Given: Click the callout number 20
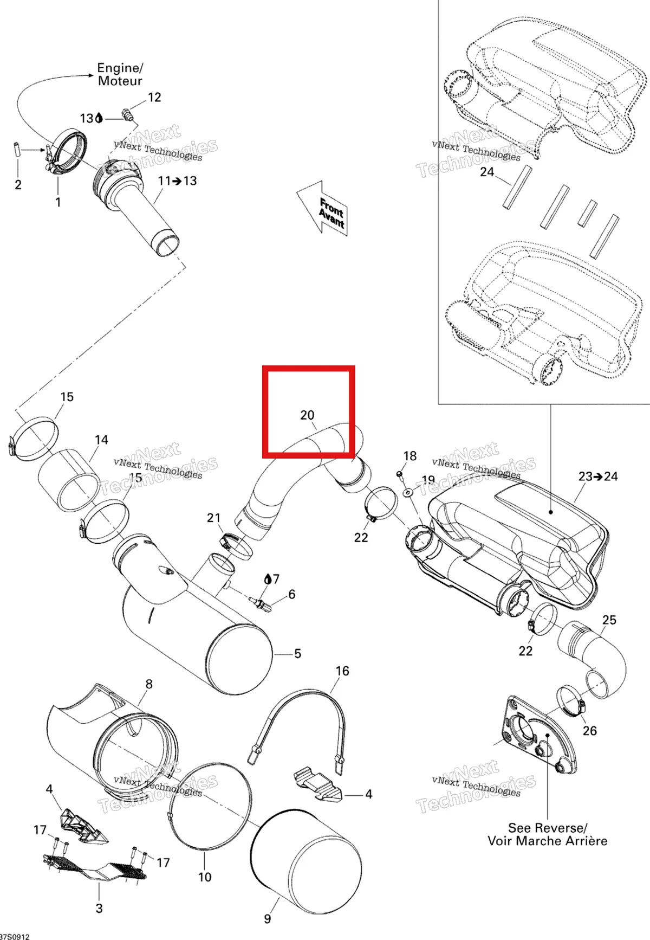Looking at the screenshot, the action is (307, 415).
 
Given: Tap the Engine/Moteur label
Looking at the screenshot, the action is (120, 74).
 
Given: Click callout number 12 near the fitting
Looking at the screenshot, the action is (154, 97).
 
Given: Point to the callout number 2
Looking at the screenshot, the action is (18, 185).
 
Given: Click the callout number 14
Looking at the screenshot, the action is (101, 440).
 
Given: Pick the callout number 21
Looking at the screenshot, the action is (214, 518).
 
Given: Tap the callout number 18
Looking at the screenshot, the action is (410, 456).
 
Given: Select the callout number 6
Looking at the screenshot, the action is (292, 595).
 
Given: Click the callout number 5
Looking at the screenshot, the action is (297, 654).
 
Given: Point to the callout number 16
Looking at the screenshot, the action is (342, 671).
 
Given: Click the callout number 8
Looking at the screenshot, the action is (149, 684).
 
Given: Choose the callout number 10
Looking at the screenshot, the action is (205, 877).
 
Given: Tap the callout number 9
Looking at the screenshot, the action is (268, 919).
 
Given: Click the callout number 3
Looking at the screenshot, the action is (99, 908).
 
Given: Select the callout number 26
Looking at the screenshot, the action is (590, 731).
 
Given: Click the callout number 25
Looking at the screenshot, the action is (609, 620).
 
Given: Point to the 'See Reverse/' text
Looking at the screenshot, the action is (548, 828).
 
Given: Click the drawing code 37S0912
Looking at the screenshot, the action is (15, 936).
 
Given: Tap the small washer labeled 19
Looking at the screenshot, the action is (408, 493).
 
